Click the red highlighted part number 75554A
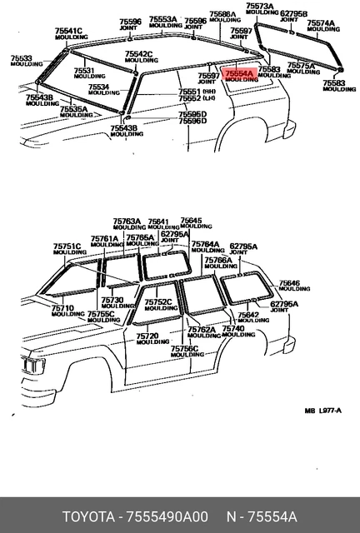point(240,74)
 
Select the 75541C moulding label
point(68,34)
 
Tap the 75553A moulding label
point(163,22)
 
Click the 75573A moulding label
point(259,9)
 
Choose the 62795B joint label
point(293,17)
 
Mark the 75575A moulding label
point(301,67)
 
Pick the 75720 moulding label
point(152,338)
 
